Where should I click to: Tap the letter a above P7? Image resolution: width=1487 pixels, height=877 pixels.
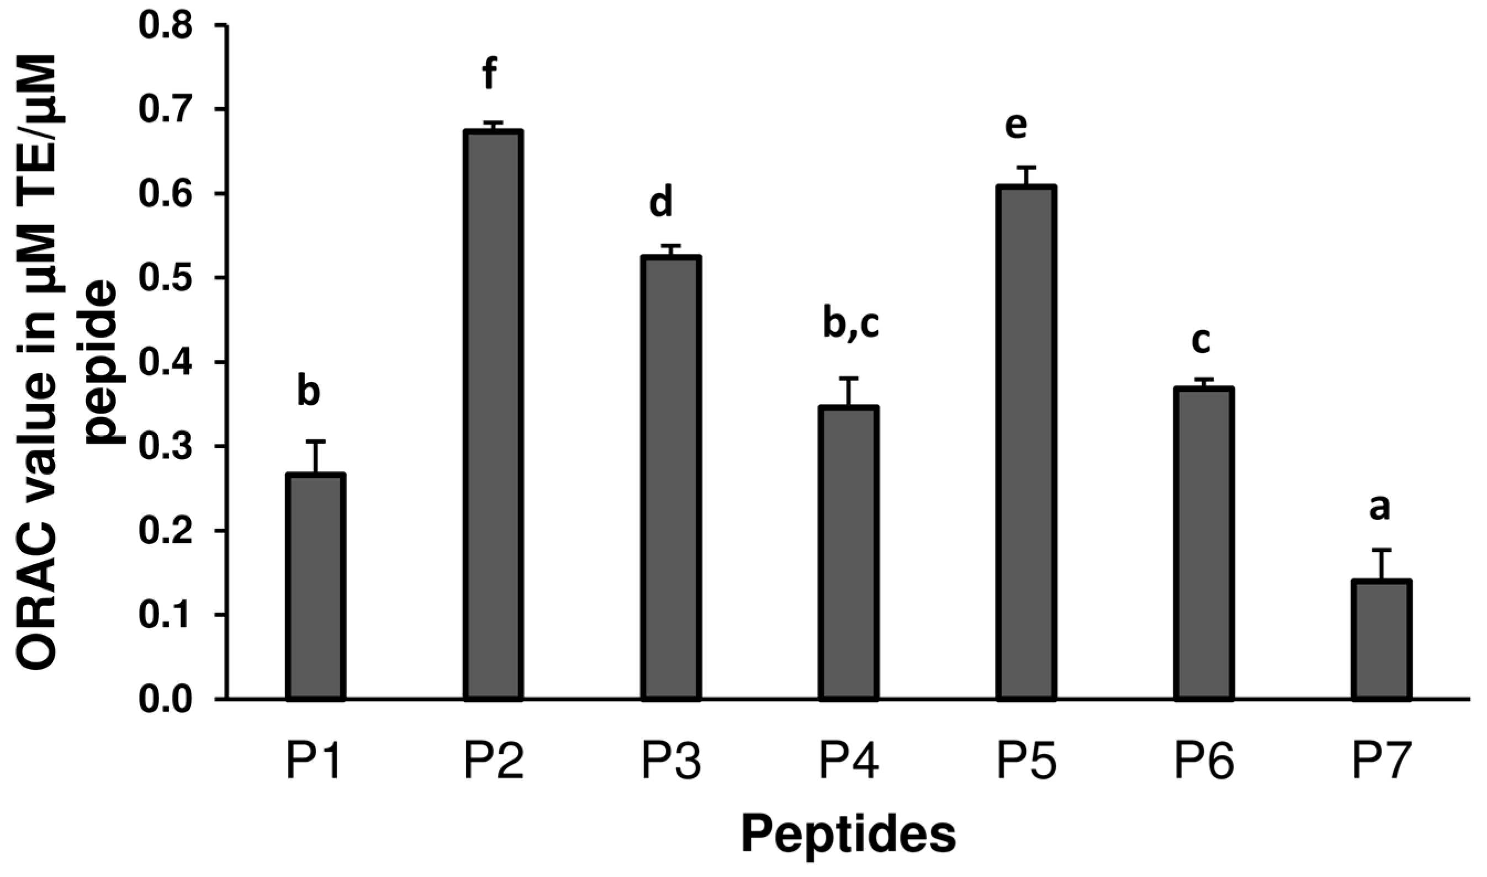coord(1379,508)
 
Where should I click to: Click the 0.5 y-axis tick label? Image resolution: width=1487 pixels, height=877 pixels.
coord(167,278)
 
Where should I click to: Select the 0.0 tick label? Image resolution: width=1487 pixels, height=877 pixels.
coord(167,699)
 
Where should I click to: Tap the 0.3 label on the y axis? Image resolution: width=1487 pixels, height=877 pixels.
coord(167,446)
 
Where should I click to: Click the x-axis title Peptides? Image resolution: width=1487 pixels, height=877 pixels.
coord(849,835)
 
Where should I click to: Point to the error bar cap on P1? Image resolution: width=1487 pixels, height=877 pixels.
coord(316,442)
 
